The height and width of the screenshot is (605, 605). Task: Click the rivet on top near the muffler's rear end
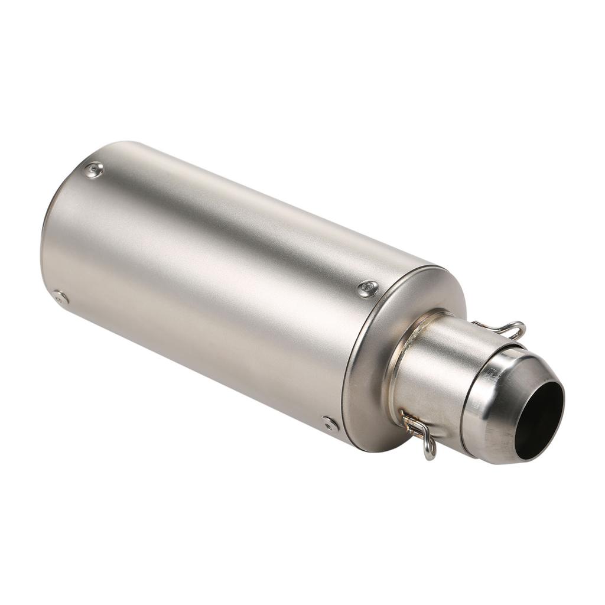[93, 170]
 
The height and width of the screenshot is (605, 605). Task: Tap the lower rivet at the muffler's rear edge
[60, 297]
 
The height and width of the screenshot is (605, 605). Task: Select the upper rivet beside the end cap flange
[368, 288]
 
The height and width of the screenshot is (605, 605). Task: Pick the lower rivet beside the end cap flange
[330, 424]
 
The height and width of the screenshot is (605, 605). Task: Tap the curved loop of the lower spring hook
[430, 450]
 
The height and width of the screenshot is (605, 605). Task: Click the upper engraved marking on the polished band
[490, 374]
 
